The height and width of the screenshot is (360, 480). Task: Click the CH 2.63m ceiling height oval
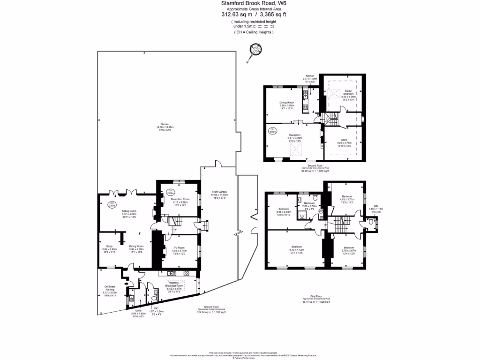[112, 205]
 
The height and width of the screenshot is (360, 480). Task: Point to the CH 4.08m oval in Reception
[272, 131]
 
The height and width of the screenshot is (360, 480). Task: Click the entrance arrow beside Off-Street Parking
[127, 284]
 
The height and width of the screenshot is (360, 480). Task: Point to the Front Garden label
[219, 191]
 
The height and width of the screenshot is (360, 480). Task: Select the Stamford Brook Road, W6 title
[254, 3]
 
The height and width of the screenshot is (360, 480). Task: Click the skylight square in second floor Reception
[296, 150]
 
